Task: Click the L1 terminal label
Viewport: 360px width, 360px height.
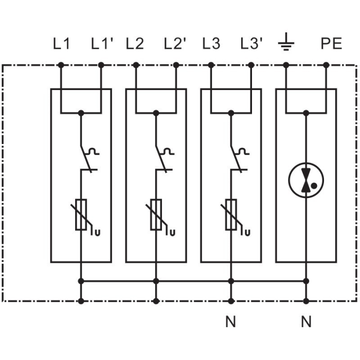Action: [61, 44]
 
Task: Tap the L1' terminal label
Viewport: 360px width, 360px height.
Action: [101, 44]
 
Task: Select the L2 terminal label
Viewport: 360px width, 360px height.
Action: [135, 44]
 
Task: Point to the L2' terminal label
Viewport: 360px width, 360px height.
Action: [175, 44]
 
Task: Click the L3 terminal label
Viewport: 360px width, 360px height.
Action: [211, 44]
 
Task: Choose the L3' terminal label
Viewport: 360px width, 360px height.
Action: [251, 44]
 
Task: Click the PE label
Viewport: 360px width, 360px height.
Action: [331, 44]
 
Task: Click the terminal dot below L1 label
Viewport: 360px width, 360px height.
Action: [61, 65]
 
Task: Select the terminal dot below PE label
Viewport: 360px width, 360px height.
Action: [326, 65]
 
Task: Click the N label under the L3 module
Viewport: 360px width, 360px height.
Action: [231, 322]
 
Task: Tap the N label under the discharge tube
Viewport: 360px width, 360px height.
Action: [306, 322]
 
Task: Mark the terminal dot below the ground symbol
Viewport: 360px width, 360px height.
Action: [286, 65]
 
